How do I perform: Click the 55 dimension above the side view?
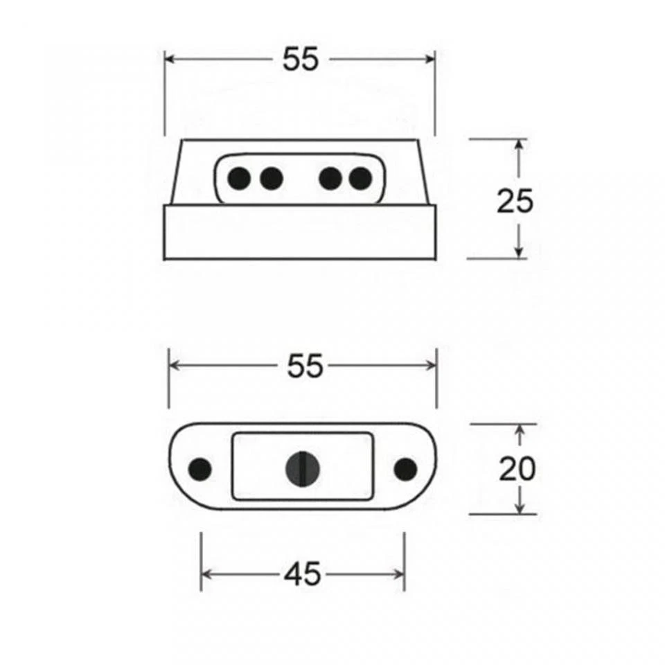(301, 60)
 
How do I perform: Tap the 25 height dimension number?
(515, 202)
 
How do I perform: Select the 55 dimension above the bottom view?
(305, 366)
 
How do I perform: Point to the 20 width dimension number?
(517, 470)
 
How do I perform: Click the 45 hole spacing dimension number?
(303, 574)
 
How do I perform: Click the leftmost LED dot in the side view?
(239, 179)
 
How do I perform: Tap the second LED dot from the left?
(271, 179)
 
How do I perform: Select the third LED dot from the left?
(330, 179)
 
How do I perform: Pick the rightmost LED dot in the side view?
(360, 179)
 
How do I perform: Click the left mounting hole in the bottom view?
(200, 469)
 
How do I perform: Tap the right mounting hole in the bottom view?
(405, 469)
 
